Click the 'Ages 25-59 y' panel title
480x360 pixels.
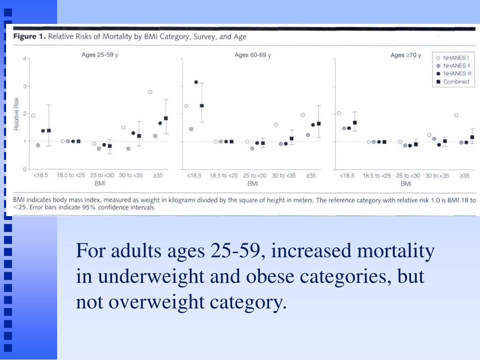pos(100,55)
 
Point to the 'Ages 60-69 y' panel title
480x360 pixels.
pos(253,55)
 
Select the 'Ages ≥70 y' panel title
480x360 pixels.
pos(405,55)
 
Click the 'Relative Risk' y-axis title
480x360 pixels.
pos(16,113)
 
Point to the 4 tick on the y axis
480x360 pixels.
pos(24,59)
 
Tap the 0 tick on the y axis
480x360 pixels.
pos(24,169)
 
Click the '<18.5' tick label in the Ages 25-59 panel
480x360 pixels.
pos(41,176)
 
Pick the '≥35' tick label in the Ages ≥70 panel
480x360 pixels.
pos(464,176)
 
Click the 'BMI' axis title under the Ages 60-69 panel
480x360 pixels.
pos(253,183)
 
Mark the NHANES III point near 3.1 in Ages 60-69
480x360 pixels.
pos(196,82)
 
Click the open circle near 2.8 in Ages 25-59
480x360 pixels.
pos(150,92)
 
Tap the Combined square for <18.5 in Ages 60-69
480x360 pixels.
pos(202,106)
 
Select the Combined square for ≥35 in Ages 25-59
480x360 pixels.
pos(165,118)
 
